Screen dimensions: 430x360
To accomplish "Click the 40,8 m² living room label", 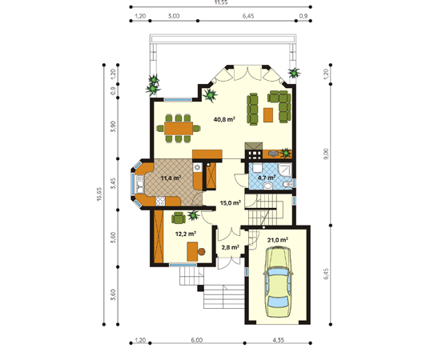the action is coord(224,119).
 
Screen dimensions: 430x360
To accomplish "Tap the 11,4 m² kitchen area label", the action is coord(171,178).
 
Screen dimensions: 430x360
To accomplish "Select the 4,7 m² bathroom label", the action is coord(267,178).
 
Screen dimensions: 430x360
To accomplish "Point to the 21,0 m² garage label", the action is coord(278,240).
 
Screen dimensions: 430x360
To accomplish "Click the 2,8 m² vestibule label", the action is coord(230,247).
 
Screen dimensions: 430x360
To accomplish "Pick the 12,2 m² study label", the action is coord(186,234).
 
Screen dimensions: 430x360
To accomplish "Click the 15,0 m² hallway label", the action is coord(231,202).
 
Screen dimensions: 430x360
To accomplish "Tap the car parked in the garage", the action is coord(278,282).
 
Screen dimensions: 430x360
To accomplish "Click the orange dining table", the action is coord(179,128).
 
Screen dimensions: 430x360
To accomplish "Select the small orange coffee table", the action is coord(268,115).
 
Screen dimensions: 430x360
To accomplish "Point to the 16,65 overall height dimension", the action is coord(99,194).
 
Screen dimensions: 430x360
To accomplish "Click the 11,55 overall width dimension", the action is coord(221,2).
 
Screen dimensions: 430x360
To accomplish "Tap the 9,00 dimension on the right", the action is coord(326,154).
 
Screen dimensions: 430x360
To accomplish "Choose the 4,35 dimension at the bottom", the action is coord(278,340).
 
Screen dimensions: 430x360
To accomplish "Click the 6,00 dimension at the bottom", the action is coord(197,340).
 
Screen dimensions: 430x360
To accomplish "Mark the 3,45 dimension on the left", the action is coord(113,183).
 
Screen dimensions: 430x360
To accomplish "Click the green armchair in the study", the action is coord(179,218).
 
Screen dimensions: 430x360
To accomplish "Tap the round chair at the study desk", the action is coord(202,251).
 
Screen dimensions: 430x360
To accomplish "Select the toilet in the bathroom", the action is coord(287,185).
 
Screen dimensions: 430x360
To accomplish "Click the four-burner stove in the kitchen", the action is coord(160,201).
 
